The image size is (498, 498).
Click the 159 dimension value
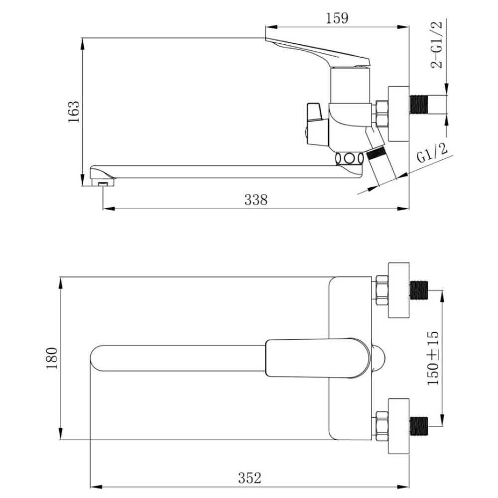tap(337, 18)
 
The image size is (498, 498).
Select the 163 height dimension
tap(73, 112)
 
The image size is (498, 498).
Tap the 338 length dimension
tap(256, 200)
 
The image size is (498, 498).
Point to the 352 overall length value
tap(249, 478)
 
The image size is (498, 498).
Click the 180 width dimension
tap(52, 358)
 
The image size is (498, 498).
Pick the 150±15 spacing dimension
tap(433, 358)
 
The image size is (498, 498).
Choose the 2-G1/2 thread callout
tap(436, 45)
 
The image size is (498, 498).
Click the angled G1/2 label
tap(432, 153)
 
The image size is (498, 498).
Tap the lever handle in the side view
tap(318, 53)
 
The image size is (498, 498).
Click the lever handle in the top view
tap(318, 358)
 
